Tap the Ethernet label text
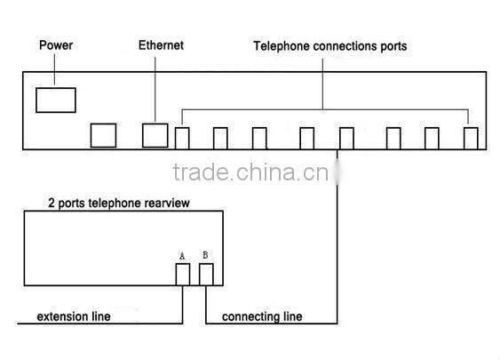click(x=161, y=44)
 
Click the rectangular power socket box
click(x=55, y=100)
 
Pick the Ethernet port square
click(x=155, y=134)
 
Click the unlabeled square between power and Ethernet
click(x=103, y=134)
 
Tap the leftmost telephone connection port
click(x=182, y=137)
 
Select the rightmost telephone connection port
click(x=471, y=137)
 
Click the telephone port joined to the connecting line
click(x=346, y=137)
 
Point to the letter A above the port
click(x=182, y=255)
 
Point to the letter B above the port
click(x=205, y=255)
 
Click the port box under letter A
click(x=182, y=275)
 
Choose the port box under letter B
click(x=205, y=275)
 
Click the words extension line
click(x=74, y=316)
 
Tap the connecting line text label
click(x=262, y=316)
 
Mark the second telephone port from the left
click(x=220, y=137)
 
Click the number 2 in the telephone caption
click(x=51, y=203)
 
